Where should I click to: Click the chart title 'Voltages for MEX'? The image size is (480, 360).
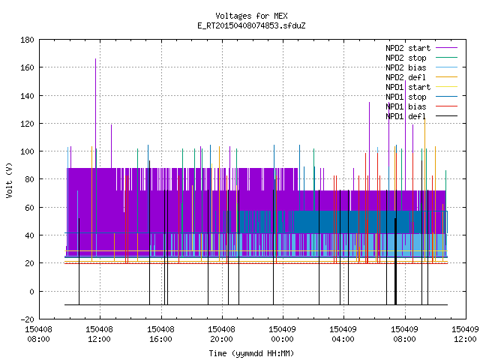click(x=251, y=16)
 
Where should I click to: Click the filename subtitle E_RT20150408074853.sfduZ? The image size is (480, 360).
click(x=251, y=25)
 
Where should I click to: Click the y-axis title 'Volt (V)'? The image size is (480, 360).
click(x=9, y=181)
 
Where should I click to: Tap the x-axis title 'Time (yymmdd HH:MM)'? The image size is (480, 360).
click(x=251, y=353)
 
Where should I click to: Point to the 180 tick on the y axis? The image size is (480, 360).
click(x=27, y=40)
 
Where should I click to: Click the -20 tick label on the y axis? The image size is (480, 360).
click(x=27, y=319)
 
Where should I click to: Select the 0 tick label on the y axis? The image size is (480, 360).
click(x=31, y=292)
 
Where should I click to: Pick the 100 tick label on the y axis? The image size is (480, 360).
click(x=27, y=151)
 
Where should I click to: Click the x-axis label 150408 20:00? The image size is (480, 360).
click(x=221, y=334)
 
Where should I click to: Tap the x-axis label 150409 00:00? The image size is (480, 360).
click(x=282, y=334)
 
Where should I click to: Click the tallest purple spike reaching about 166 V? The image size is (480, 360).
click(x=95, y=113)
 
